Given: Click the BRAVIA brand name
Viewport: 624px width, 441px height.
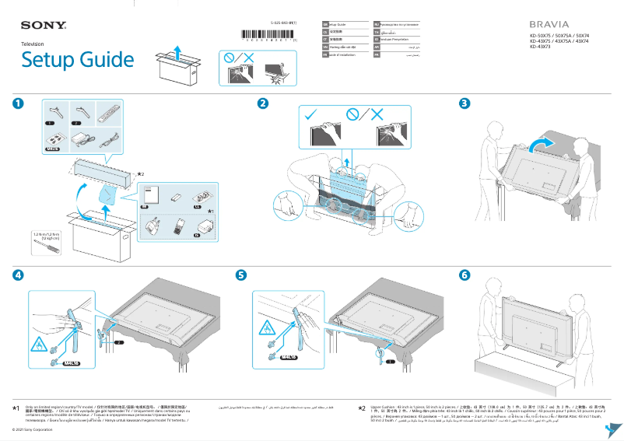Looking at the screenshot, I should [x=549, y=25].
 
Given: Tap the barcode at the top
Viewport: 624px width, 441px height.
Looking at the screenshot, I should [x=269, y=36].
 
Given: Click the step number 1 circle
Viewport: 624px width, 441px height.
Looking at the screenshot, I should [x=17, y=103].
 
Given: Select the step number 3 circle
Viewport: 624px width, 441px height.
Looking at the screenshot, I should [x=464, y=103].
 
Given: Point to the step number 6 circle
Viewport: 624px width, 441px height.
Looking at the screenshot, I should [x=464, y=275].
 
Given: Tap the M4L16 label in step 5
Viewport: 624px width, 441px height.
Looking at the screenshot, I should [x=290, y=358].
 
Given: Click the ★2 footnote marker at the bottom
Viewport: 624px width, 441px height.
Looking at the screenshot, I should [x=361, y=408].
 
